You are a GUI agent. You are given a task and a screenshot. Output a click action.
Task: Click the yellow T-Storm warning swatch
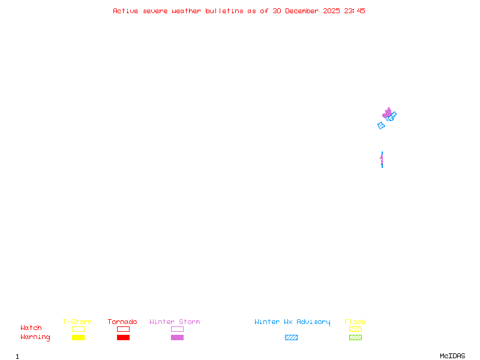(x=78, y=338)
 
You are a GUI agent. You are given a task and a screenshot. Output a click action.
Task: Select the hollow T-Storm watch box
(x=78, y=329)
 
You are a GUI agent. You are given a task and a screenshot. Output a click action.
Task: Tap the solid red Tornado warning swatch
(x=123, y=338)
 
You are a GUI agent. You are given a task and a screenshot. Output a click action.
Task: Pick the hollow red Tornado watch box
(x=123, y=329)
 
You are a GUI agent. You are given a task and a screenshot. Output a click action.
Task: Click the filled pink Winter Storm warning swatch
(x=177, y=338)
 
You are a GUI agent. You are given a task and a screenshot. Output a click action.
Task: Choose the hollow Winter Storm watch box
(x=177, y=329)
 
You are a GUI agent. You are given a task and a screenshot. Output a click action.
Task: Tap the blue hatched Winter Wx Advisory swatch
(x=291, y=338)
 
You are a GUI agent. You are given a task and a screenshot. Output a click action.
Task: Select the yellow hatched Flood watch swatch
(x=355, y=329)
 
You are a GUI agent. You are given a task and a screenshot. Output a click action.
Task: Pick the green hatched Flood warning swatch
(x=355, y=338)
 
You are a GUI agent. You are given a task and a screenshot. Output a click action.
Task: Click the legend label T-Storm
(x=77, y=322)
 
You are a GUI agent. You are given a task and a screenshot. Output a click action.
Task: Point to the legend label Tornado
(x=122, y=322)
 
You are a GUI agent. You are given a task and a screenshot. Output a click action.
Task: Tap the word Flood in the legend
(x=355, y=322)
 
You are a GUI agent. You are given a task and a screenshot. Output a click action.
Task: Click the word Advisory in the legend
(x=313, y=322)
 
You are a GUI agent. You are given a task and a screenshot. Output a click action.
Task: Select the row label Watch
(x=31, y=328)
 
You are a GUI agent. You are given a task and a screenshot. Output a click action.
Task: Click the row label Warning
(x=35, y=337)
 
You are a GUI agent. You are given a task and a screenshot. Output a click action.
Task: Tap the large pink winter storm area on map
(x=387, y=112)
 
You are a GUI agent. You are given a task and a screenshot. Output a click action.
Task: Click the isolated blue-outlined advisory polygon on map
(x=381, y=125)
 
